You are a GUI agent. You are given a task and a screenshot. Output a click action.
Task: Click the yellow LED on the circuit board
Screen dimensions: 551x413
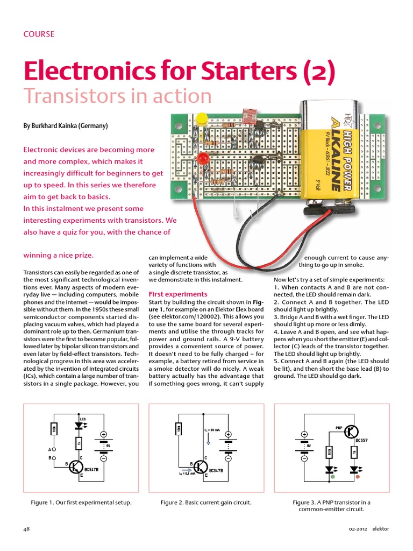pyautogui.click(x=201, y=119)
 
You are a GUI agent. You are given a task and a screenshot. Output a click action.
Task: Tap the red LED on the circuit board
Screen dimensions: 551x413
pyautogui.click(x=203, y=160)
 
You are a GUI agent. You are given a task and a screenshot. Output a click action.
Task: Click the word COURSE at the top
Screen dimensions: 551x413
pyautogui.click(x=39, y=34)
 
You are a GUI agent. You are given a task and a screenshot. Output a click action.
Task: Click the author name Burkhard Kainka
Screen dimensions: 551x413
pyautogui.click(x=65, y=126)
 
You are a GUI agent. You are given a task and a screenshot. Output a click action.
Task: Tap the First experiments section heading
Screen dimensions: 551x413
pyautogui.click(x=177, y=294)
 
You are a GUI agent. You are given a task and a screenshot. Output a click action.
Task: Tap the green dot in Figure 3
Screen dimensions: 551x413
pyautogui.click(x=332, y=477)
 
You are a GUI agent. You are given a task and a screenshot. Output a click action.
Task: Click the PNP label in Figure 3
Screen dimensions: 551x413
pyautogui.click(x=339, y=428)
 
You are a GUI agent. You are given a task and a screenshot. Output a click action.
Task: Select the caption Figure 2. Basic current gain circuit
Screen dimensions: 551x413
pyautogui.click(x=206, y=503)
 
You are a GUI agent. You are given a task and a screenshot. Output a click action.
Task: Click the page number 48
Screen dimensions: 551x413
pyautogui.click(x=26, y=529)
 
